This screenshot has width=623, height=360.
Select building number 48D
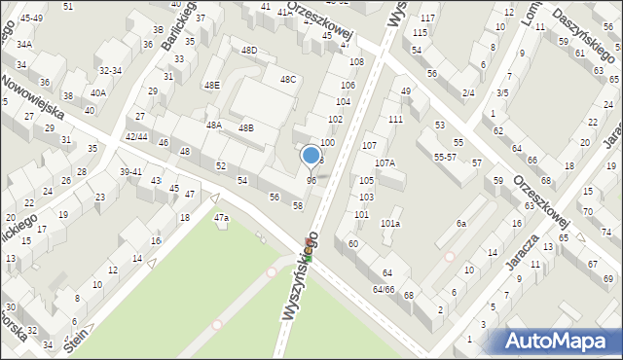click(x=250, y=50)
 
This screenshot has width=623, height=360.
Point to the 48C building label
click(x=288, y=79)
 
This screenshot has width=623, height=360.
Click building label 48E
click(x=211, y=85)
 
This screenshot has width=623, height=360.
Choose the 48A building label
click(x=213, y=125)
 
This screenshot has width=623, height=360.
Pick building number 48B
click(x=246, y=127)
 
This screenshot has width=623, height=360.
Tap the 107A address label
click(x=385, y=162)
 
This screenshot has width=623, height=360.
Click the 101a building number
click(x=390, y=224)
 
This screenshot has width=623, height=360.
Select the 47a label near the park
click(x=222, y=217)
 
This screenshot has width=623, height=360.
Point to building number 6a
click(x=462, y=224)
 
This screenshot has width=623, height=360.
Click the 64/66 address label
click(x=383, y=289)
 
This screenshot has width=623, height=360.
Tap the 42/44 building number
click(x=137, y=137)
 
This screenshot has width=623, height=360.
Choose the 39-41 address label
click(x=130, y=171)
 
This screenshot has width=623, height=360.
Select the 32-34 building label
click(x=110, y=70)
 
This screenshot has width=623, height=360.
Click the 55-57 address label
click(x=446, y=157)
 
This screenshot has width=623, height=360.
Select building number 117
click(x=427, y=18)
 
